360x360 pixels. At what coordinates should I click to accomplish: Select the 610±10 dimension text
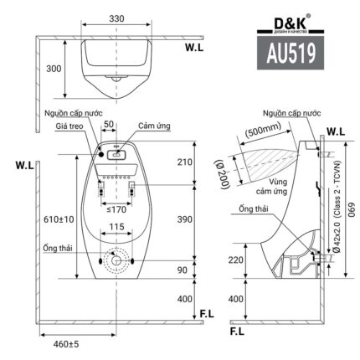pos(57,219)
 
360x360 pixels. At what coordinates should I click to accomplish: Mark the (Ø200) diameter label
pos(228,168)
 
